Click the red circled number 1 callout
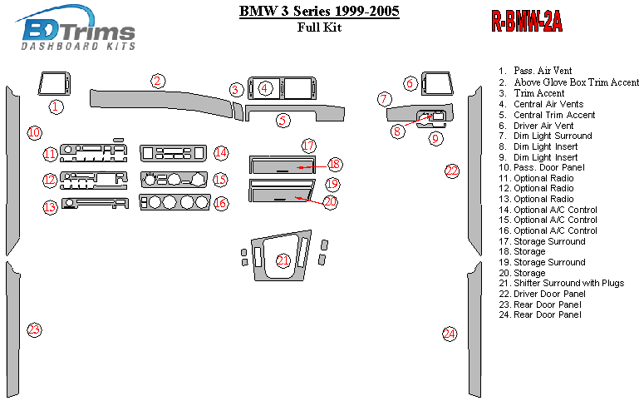(55, 106)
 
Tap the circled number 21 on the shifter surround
(283, 260)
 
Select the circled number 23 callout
(33, 329)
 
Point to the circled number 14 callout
(220, 152)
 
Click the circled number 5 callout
(283, 120)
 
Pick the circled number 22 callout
(452, 171)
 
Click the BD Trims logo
(77, 31)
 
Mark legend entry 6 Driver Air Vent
(546, 125)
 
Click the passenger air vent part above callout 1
(55, 85)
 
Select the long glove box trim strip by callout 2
(158, 98)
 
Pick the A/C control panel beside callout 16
(175, 202)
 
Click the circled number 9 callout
(435, 139)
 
